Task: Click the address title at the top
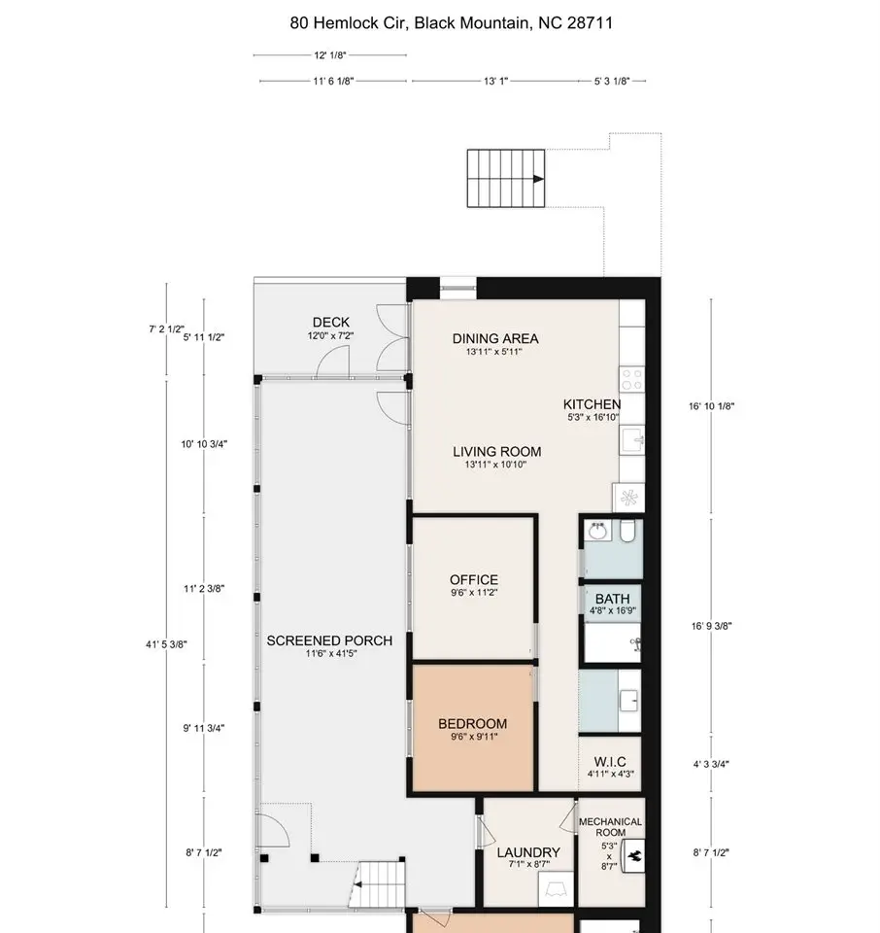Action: tap(452, 23)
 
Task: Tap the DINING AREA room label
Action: tap(495, 338)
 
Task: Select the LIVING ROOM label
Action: tap(497, 452)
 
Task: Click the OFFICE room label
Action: tap(474, 579)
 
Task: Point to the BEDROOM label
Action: tap(473, 723)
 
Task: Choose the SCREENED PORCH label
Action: tap(329, 640)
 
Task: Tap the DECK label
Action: tap(331, 322)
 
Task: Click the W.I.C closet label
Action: tap(610, 762)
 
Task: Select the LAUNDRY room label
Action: tap(528, 852)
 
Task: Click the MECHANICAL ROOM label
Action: tap(610, 827)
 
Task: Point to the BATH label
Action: tap(613, 599)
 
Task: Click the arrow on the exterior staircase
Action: tap(539, 179)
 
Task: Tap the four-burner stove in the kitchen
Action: tap(631, 379)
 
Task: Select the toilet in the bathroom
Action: tap(627, 531)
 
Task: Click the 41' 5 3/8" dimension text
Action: tap(166, 643)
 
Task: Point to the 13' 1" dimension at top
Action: tap(496, 81)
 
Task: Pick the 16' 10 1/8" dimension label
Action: tap(712, 406)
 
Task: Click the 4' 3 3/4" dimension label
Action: tap(711, 764)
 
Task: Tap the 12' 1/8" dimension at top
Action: tap(330, 55)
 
